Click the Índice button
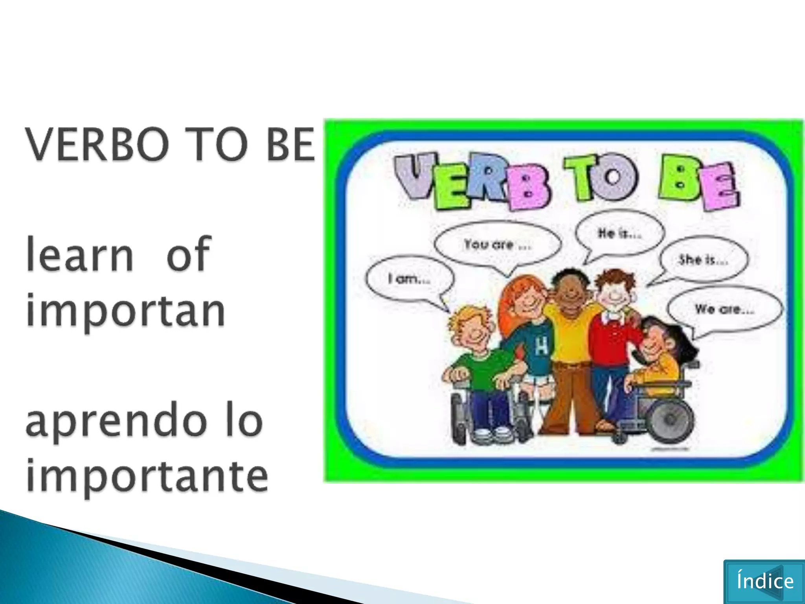point(764,581)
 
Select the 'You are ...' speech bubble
point(497,245)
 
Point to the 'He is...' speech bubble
point(619,234)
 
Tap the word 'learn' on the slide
point(80,254)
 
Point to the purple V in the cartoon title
point(418,177)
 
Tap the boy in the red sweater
point(613,334)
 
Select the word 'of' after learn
point(188,254)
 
